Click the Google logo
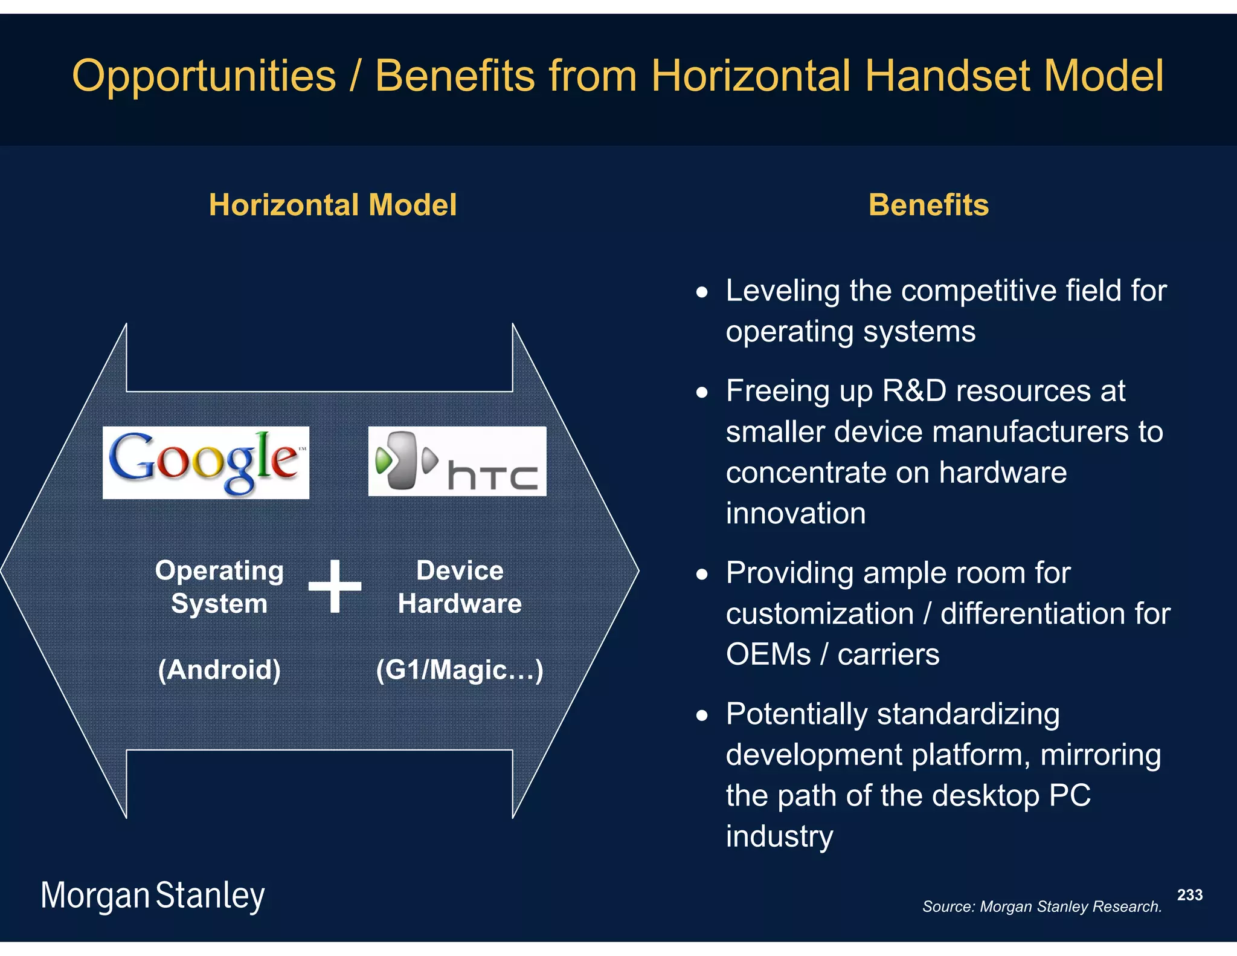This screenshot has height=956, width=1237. click(x=205, y=462)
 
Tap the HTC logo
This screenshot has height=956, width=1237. click(x=457, y=461)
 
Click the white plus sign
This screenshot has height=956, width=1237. click(x=335, y=586)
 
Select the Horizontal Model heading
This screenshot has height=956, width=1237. click(x=332, y=205)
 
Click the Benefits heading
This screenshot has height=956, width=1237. click(x=928, y=205)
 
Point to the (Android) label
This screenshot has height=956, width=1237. click(x=219, y=670)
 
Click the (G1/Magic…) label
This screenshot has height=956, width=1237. click(x=459, y=670)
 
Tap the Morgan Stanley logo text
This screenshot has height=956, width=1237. click(x=152, y=895)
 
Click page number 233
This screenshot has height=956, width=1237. click(x=1189, y=895)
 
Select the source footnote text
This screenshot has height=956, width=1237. click(x=1041, y=906)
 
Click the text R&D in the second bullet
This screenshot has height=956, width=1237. click(x=914, y=391)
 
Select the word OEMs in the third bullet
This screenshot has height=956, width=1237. click(x=768, y=654)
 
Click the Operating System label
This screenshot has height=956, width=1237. click(x=219, y=587)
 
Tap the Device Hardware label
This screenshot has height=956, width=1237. click(x=460, y=587)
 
